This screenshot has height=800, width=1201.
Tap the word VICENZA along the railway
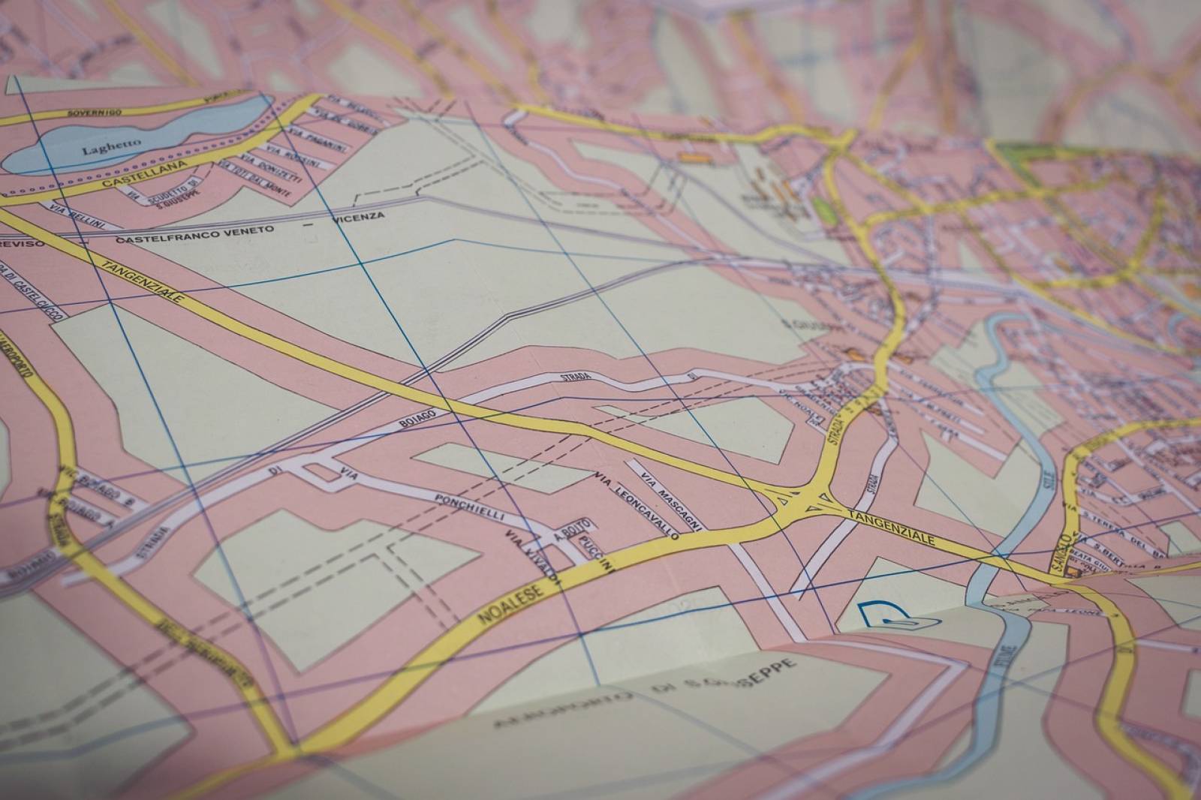click(357, 218)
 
